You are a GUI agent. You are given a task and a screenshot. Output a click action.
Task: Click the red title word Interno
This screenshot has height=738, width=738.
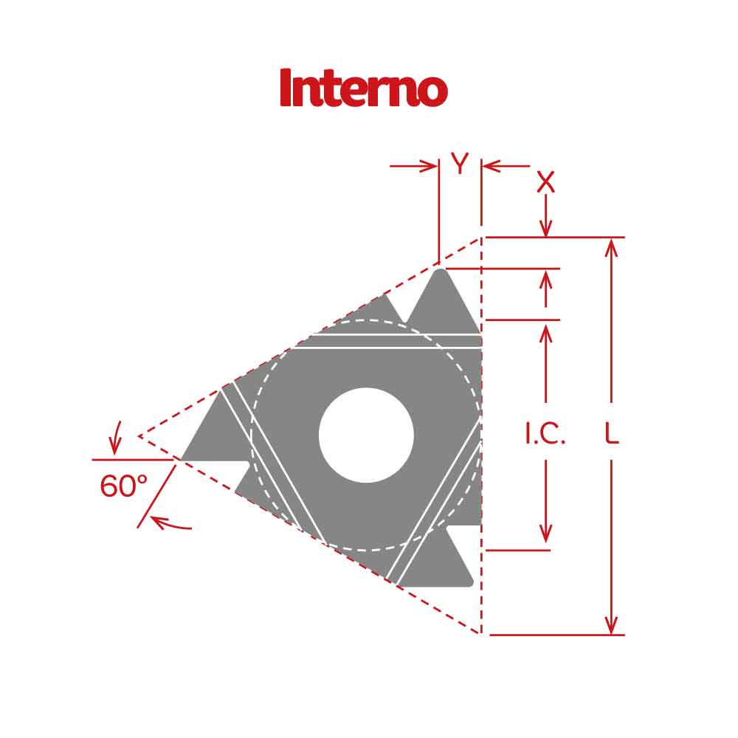point(363,88)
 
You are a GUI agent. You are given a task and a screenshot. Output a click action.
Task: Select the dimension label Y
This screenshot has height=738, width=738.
point(460,165)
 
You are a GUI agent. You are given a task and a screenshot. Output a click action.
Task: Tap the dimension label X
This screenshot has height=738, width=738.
point(545,182)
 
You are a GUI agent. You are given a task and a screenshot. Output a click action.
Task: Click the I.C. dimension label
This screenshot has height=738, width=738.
point(545,435)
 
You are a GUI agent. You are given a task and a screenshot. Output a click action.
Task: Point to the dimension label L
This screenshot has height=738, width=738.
point(611,435)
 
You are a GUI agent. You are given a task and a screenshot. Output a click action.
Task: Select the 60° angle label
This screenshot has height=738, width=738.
point(123,487)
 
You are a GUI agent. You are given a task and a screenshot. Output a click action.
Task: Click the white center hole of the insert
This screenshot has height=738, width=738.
point(366,435)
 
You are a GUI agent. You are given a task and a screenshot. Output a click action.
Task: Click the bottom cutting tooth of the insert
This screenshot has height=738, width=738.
point(439,565)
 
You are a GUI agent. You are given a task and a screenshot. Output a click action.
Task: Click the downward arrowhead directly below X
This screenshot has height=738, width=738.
point(545,230)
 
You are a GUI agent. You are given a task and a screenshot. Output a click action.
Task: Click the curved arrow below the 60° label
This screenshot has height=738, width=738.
point(170,524)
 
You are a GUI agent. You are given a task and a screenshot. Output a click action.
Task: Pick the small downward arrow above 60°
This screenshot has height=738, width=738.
point(114,446)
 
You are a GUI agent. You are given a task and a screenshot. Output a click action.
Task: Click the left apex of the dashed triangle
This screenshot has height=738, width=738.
point(139,436)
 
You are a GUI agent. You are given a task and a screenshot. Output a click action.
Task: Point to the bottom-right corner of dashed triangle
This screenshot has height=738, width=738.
point(481,634)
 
